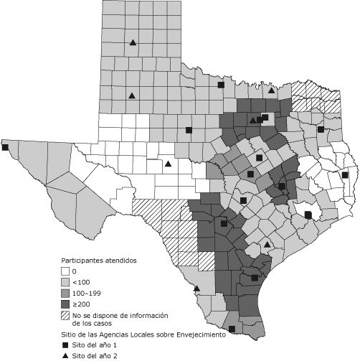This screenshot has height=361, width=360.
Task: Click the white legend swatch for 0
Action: [64, 272]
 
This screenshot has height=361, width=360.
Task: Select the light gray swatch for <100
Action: [64, 283]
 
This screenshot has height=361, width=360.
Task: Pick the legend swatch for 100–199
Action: [64, 294]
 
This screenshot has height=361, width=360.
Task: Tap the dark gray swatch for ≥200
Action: [64, 304]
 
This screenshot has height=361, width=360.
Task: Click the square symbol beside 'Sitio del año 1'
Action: [65, 345]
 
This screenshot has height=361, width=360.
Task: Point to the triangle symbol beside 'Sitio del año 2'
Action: [65, 356]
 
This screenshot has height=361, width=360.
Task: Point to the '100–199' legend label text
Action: [87, 294]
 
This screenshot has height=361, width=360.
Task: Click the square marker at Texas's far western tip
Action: [5, 147]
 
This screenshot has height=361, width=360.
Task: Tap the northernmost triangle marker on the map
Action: [133, 42]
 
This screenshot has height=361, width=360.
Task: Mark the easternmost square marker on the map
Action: [345, 174]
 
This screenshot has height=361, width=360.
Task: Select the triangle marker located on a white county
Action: [168, 164]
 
